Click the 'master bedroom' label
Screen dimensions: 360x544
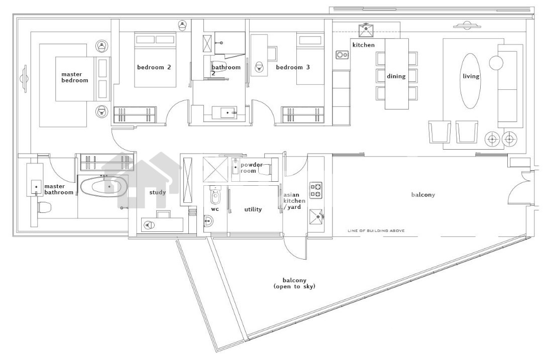pos(75,77)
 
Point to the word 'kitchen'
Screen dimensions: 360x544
pos(364,45)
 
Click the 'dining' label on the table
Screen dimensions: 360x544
pos(396,77)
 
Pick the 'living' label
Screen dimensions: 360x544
pos(471,77)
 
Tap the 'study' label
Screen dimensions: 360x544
pos(157,192)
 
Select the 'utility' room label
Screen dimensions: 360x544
pos(253,209)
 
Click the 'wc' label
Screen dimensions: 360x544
pos(215,209)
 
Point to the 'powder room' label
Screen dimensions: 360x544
pos(251,168)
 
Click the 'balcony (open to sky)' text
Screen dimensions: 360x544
pos(294,283)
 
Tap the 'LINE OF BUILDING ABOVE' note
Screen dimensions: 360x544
pos(376,231)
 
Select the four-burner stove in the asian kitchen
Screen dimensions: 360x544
pos(316,190)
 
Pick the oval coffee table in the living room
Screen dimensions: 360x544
pos(470,80)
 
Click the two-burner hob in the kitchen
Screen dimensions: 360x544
pos(342,55)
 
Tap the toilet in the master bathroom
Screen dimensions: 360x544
pos(44,207)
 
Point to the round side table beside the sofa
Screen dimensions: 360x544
pos(496,63)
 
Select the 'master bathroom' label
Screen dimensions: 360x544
pos(59,189)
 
